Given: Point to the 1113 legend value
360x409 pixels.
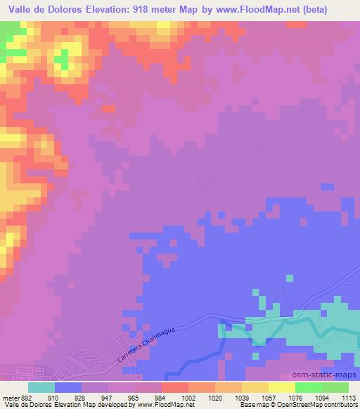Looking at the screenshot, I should click(x=349, y=397).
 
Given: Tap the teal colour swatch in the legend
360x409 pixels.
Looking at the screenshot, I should click(x=41, y=387).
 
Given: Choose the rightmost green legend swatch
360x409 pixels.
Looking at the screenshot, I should click(x=335, y=387).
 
